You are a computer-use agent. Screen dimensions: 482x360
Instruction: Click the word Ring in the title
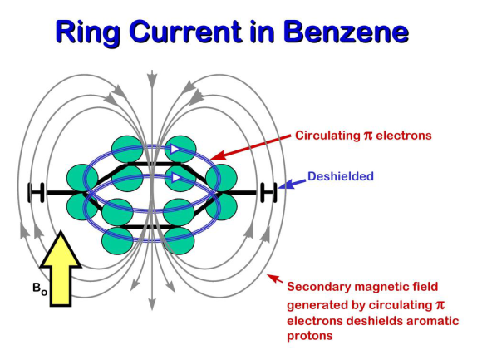coord(87,33)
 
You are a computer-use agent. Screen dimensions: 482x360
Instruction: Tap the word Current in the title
coord(184,32)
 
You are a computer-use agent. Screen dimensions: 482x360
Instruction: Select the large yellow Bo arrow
coord(61,269)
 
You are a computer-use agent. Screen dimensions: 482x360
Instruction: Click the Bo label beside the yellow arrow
coord(40,288)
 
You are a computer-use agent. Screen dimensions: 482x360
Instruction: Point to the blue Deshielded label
coord(341,176)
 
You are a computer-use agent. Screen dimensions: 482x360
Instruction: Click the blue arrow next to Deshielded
coord(292,184)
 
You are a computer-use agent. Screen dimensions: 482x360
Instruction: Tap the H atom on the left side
coord(37,192)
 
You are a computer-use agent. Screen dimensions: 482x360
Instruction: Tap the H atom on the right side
coord(268,192)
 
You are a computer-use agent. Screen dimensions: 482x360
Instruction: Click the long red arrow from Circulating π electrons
coord(251,147)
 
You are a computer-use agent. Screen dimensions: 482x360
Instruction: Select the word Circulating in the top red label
coord(327,136)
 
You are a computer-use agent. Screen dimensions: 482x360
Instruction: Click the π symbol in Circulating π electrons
coord(368,136)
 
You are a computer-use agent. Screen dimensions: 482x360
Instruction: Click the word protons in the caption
coord(309,335)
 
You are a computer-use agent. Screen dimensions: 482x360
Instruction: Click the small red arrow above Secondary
coord(275,279)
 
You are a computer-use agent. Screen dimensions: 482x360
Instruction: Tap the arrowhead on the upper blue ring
coord(175,150)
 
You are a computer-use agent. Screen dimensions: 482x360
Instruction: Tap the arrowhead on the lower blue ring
coord(175,178)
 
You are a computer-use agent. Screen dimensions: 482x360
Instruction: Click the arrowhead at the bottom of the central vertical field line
coord(151,303)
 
